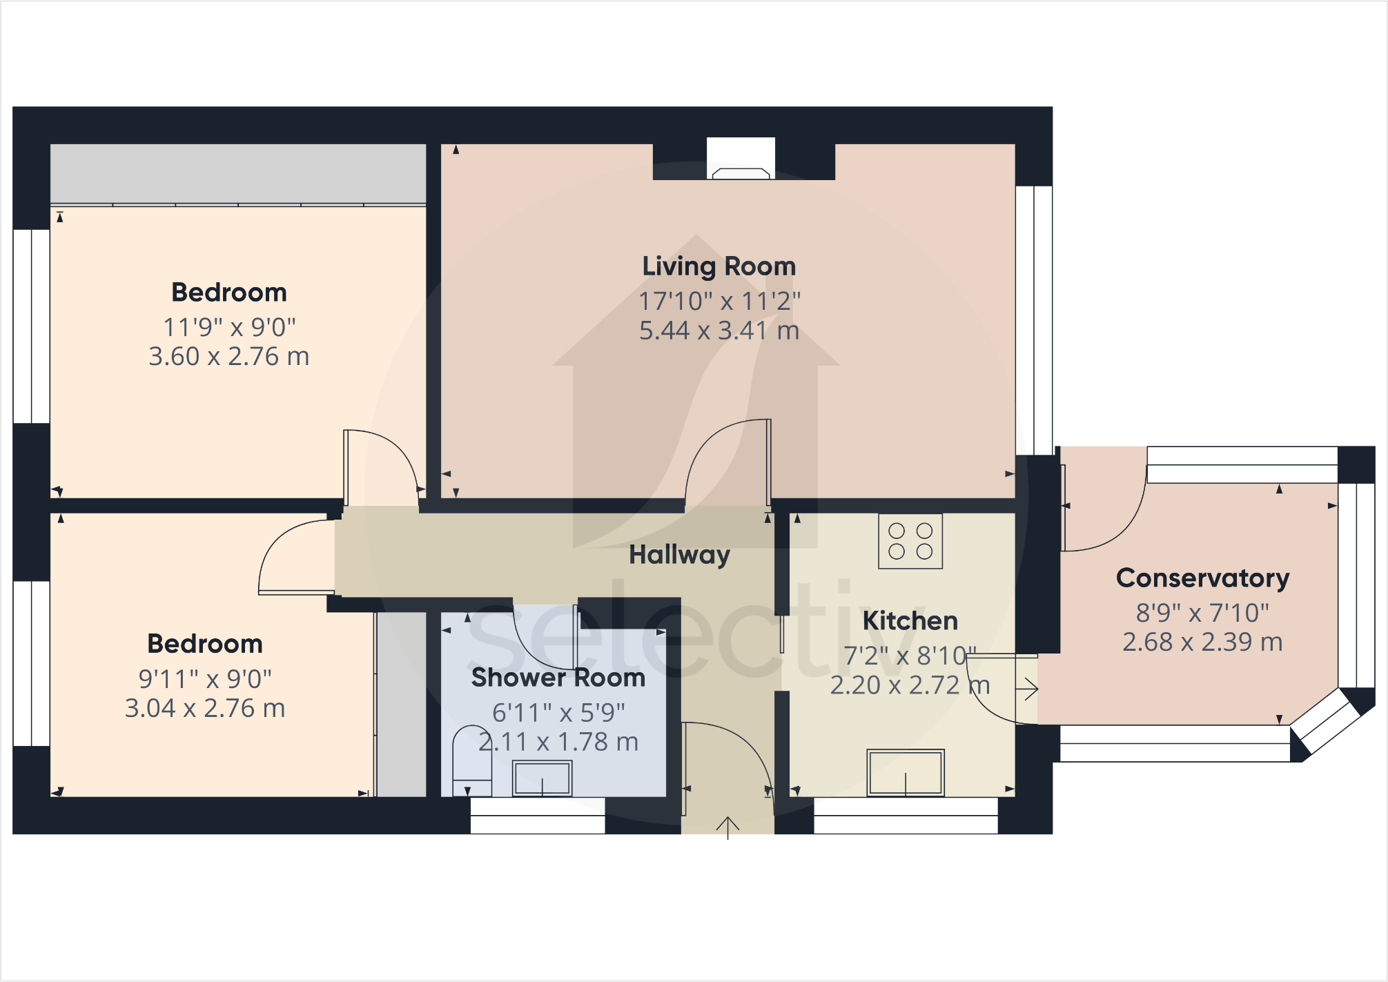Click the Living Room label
pos(719,266)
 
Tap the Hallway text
pos(679,555)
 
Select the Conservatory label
pos(1202,578)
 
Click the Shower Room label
pos(558,678)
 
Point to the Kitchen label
pos(910,621)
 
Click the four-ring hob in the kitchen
pos(910,541)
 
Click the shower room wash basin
pos(542,778)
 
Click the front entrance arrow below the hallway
pos(727,827)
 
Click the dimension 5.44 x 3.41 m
pos(719,331)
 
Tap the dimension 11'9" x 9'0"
pos(229,328)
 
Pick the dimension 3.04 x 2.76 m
pos(205,709)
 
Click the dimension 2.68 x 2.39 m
pos(1202,642)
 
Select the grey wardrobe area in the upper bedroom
pos(238,173)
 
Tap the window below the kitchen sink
pos(905,815)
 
